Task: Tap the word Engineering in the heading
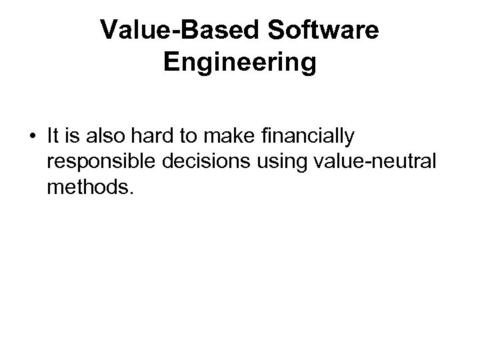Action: pyautogui.click(x=239, y=63)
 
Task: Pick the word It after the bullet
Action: pyautogui.click(x=53, y=137)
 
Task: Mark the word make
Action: pyautogui.click(x=219, y=137)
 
